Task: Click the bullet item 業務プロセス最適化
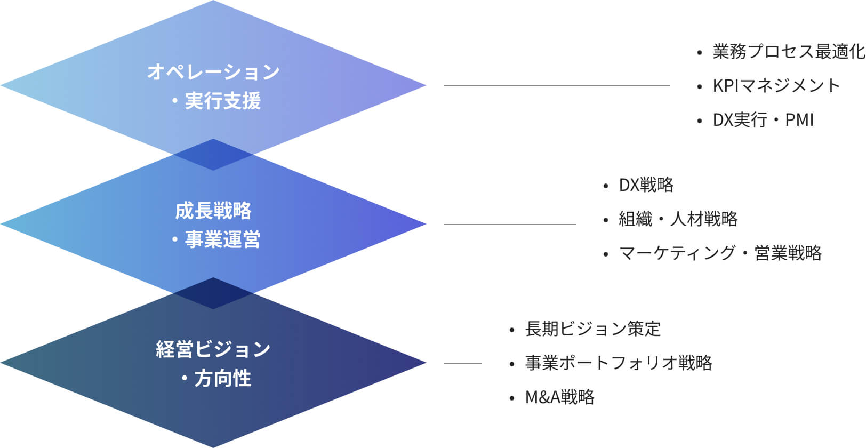click(x=788, y=52)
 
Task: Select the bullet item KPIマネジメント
click(x=776, y=86)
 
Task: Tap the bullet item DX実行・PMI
click(x=763, y=120)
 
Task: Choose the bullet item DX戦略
click(x=646, y=185)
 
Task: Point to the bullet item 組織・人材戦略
click(x=678, y=219)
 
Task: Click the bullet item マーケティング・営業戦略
click(x=720, y=253)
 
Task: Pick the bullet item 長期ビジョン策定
click(x=592, y=329)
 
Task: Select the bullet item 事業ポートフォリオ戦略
click(x=619, y=363)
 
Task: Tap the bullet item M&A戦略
click(x=559, y=397)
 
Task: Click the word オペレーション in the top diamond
click(x=213, y=72)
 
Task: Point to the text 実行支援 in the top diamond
click(x=223, y=101)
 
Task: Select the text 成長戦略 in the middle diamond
click(x=213, y=211)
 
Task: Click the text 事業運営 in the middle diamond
click(x=223, y=240)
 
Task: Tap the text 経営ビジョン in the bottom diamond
click(x=213, y=350)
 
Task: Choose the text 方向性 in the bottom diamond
click(x=223, y=379)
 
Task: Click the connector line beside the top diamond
click(x=556, y=86)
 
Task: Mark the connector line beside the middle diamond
click(x=509, y=225)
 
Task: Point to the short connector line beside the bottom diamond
click(x=462, y=363)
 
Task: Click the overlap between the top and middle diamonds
click(x=213, y=155)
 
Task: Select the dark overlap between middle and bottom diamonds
click(x=213, y=293)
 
